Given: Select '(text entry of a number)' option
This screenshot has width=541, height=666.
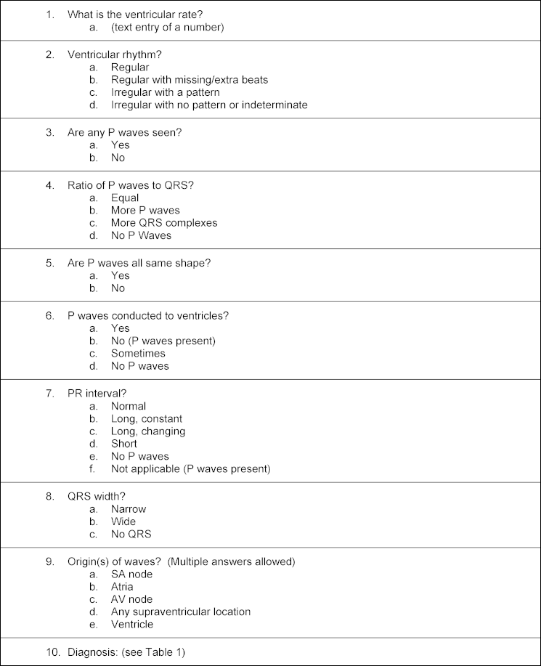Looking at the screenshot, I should pos(167,28).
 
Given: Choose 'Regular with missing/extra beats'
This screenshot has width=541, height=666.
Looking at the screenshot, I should pos(190,80).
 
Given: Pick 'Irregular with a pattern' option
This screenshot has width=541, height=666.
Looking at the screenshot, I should pos(165,92).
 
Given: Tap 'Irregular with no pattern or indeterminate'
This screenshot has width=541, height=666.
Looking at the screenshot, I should pos(209,105).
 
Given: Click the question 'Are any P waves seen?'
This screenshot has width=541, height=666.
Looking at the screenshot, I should pos(130,132).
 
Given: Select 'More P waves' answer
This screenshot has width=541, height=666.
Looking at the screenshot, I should pos(145,211).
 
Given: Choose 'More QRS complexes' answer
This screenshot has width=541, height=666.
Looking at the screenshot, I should pos(164,223).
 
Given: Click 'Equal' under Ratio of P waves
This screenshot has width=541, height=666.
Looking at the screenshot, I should pos(125,198).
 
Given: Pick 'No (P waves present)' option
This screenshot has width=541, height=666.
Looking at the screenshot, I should pos(163,341).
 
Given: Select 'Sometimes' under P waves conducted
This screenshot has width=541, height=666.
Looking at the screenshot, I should pos(138,354).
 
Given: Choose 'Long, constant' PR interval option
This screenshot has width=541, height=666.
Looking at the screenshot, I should pos(147,419).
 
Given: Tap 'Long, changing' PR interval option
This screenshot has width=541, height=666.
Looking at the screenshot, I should pos(148,431).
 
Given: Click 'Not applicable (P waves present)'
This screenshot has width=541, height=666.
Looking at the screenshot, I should pos(190,469).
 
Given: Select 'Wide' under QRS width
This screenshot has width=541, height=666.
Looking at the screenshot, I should pos(123,521).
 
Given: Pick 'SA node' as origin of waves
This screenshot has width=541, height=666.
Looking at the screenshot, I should pos(131,574).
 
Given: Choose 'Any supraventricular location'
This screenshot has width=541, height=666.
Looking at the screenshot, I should pos(181,612).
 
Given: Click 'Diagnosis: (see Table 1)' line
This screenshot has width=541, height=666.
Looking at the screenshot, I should pos(126,652).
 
